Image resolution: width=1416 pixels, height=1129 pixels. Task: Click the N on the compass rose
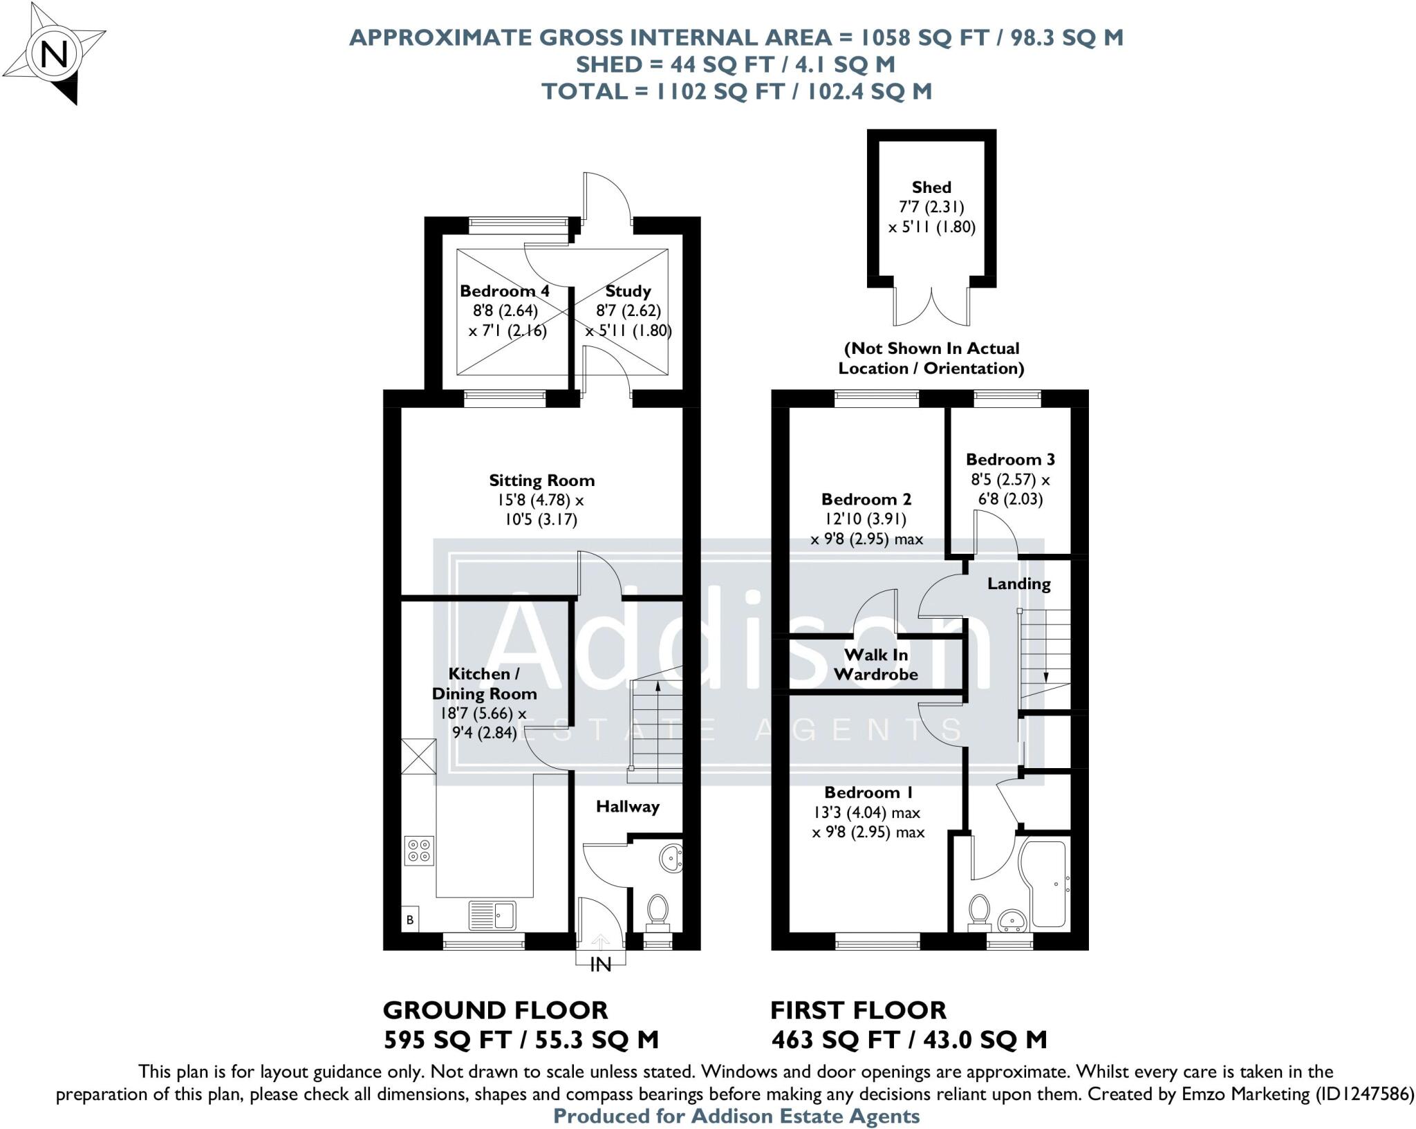[55, 55]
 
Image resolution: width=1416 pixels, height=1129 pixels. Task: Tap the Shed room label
[931, 187]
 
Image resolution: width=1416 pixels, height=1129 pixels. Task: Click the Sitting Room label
[541, 480]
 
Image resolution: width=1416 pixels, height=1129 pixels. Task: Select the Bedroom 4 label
[505, 291]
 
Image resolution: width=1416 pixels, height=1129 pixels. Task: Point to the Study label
[628, 291]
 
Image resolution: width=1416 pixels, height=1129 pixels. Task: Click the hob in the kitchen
[419, 850]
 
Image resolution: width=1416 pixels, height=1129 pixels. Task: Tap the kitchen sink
[492, 915]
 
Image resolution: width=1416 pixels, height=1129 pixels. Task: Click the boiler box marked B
[410, 920]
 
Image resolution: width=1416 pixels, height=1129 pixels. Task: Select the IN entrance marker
[600, 964]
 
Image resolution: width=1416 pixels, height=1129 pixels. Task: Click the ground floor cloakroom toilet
[657, 910]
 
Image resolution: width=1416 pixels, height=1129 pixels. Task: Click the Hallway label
[628, 806]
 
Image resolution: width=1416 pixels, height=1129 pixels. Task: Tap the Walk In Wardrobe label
[876, 664]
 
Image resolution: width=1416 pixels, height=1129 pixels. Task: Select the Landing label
[1018, 584]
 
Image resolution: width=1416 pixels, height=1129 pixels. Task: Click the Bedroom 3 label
[1010, 460]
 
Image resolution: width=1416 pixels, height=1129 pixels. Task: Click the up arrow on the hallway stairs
[657, 687]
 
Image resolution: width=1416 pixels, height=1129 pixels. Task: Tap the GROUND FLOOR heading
[495, 1010]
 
